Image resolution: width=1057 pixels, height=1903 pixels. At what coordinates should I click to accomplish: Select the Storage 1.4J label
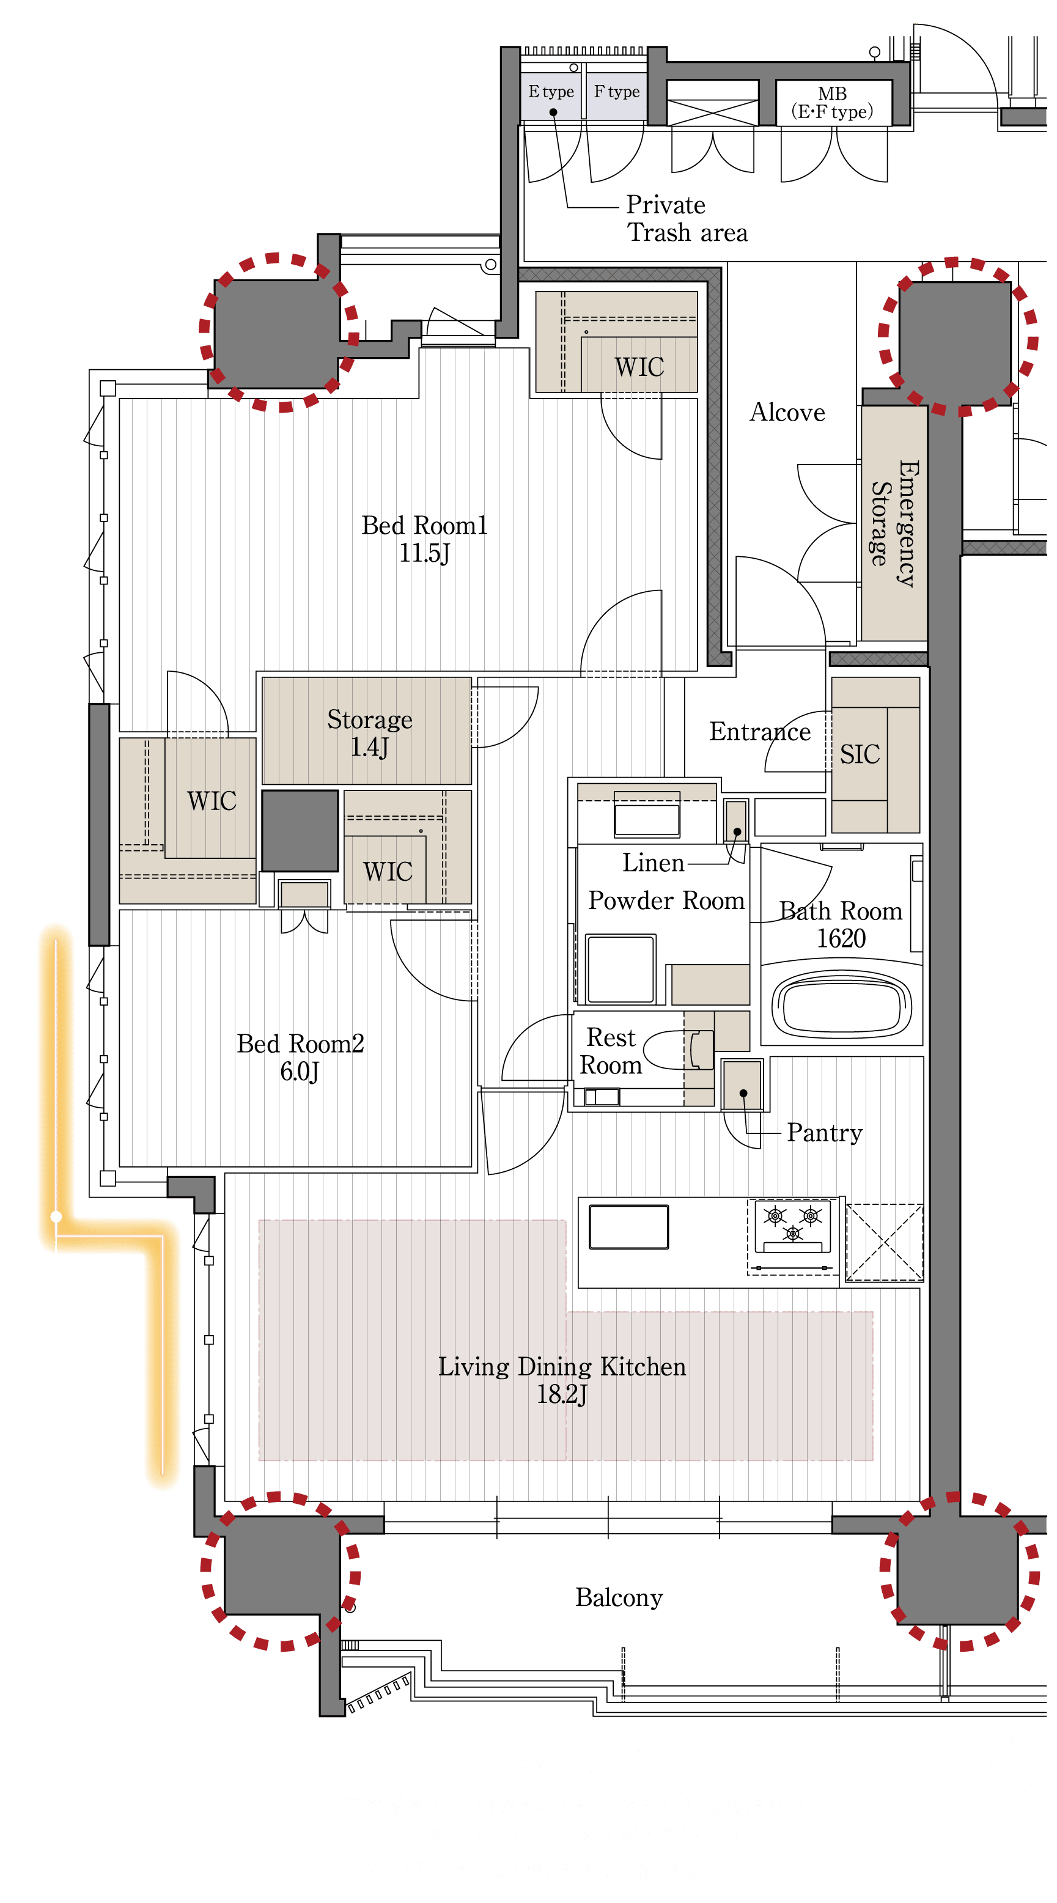tap(369, 733)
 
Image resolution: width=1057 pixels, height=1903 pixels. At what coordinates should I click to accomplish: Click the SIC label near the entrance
tap(859, 754)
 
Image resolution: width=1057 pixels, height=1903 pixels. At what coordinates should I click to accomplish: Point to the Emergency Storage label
tap(894, 524)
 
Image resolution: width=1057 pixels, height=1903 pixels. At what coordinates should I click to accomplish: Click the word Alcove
tap(787, 412)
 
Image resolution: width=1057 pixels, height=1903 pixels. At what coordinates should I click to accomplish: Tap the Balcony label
tap(619, 1597)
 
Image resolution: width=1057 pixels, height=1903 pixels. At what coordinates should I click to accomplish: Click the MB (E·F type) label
tap(833, 103)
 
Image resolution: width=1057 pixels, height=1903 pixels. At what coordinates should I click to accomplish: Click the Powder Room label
tap(666, 901)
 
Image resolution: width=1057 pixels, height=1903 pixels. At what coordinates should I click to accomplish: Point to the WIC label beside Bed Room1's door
tap(639, 367)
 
